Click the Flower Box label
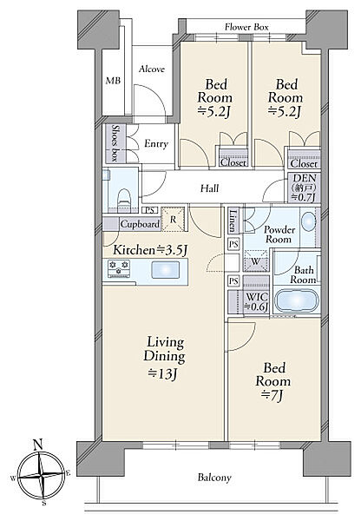click(x=246, y=27)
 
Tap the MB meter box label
click(x=113, y=81)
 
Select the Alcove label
click(x=152, y=69)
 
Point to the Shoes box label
click(x=115, y=143)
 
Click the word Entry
click(x=156, y=144)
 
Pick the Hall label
click(x=209, y=188)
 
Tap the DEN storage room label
click(x=304, y=188)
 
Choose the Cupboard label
click(x=140, y=224)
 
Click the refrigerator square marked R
click(x=173, y=220)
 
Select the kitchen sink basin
click(x=166, y=269)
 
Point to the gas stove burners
click(x=119, y=268)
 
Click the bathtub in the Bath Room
click(x=296, y=300)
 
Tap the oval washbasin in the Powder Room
click(x=310, y=221)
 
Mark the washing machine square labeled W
click(x=255, y=261)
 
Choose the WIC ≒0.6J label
click(x=256, y=301)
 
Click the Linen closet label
click(x=233, y=221)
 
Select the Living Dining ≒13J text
click(x=164, y=357)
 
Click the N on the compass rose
click(x=38, y=444)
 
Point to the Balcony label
click(x=214, y=478)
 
